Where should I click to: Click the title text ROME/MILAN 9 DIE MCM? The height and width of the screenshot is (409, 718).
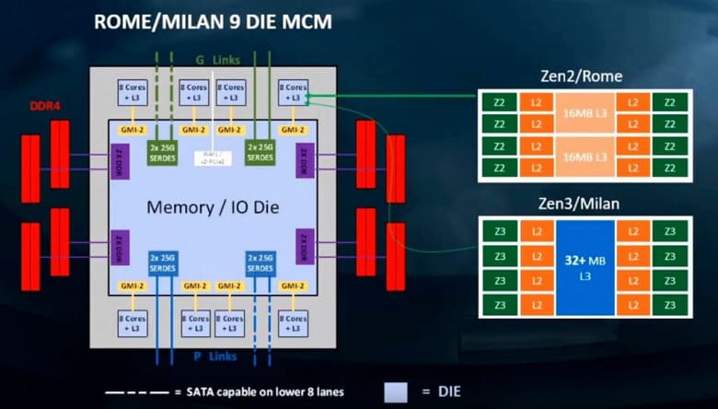click(x=214, y=21)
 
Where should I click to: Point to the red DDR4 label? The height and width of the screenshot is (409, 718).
click(x=44, y=105)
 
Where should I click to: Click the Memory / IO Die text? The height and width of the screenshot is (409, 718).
click(x=210, y=207)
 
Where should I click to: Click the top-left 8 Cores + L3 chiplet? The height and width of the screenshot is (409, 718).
click(x=131, y=92)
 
